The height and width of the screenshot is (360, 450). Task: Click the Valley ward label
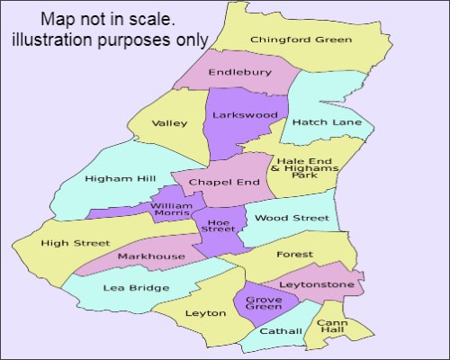click(x=168, y=123)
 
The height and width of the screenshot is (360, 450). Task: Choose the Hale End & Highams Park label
click(x=304, y=167)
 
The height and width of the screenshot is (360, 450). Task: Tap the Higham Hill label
click(x=108, y=178)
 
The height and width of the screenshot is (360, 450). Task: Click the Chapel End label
click(x=223, y=182)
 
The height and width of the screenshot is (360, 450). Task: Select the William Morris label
click(x=171, y=210)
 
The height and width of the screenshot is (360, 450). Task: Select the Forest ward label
click(x=293, y=255)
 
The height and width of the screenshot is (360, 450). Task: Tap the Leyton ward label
click(x=199, y=313)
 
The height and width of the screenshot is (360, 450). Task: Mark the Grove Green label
click(x=263, y=301)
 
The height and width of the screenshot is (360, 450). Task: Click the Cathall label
click(x=281, y=331)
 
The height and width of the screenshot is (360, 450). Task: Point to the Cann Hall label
click(x=333, y=327)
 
